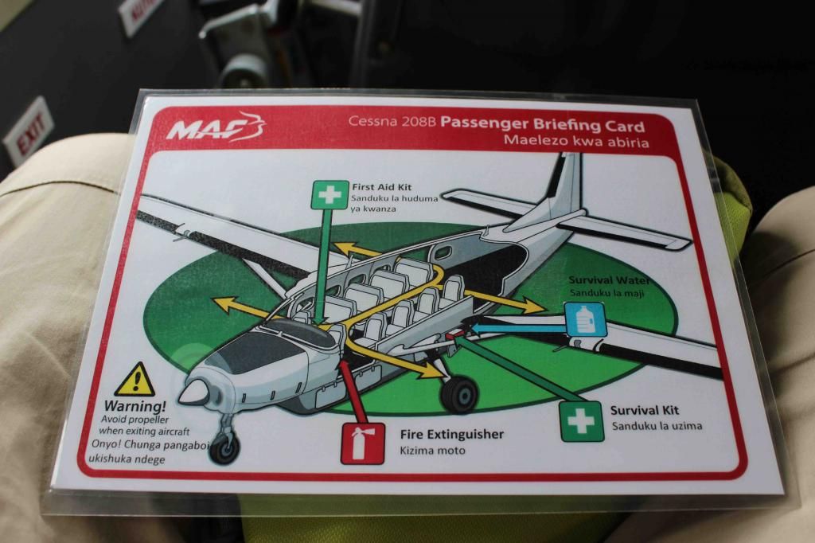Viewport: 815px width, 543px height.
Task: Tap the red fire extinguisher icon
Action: (362, 443)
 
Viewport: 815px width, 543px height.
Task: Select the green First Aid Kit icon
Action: (330, 195)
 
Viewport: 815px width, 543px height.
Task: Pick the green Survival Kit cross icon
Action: (582, 421)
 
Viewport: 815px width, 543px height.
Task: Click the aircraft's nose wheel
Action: (224, 448)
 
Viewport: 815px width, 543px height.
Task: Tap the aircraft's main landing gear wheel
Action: (459, 395)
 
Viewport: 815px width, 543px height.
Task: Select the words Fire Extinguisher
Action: (452, 434)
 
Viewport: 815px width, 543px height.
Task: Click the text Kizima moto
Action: (432, 451)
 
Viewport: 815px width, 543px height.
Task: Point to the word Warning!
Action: (135, 406)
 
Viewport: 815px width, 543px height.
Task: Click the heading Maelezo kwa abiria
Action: (576, 141)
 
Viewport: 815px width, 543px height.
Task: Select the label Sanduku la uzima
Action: (657, 426)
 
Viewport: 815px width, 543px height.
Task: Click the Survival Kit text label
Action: (645, 410)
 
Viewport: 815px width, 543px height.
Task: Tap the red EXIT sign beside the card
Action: (29, 131)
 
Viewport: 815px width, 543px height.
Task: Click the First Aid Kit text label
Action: (381, 187)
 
